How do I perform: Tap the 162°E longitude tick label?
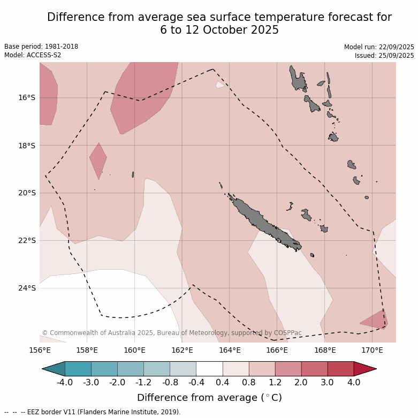pos(182,351)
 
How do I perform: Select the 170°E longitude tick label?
pos(372,351)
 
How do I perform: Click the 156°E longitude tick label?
pos(40,351)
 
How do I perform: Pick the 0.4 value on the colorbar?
pos(223,383)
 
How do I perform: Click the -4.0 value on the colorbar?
pos(65,383)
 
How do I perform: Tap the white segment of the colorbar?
pos(209,369)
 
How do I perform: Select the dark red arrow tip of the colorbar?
pos(366,369)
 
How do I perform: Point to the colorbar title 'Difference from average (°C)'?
pos(209,398)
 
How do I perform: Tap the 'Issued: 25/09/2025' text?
pos(384,55)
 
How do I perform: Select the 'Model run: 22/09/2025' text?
pos(379,47)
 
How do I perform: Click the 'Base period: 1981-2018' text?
pos(41,47)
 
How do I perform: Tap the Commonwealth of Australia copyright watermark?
pos(171,333)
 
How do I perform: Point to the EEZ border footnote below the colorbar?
pos(93,412)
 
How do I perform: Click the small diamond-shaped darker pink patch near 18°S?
pos(98,159)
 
